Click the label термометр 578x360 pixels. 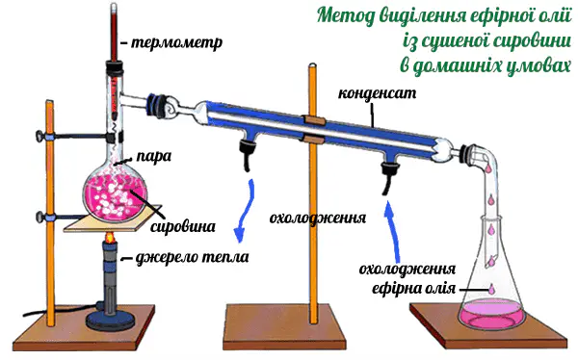176,42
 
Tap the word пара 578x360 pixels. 154,156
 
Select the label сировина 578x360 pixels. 183,226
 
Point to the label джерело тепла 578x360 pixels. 192,257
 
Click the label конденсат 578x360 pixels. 377,93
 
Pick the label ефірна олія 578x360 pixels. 413,288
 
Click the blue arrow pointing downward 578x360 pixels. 245,211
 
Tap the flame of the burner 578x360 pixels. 109,238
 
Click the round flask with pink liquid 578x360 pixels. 115,193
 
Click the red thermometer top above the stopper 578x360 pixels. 114,32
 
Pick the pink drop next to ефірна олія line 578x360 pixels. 491,288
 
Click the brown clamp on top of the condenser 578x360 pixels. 313,120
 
